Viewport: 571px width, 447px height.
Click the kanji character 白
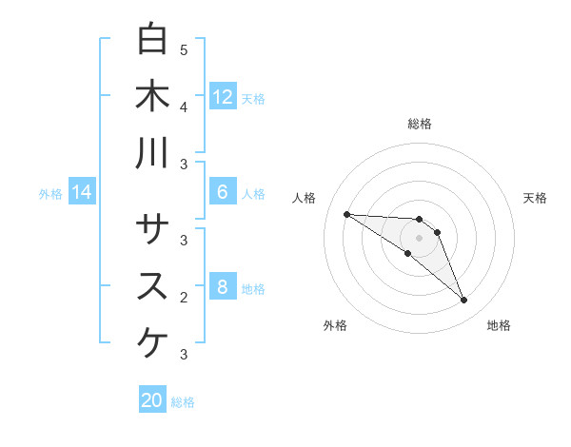point(153,39)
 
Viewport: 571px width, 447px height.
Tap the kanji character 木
point(153,95)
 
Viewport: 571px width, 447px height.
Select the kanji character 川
point(153,152)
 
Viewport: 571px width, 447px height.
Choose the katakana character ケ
point(153,342)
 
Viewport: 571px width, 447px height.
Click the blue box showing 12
point(223,97)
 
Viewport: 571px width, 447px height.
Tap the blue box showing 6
point(223,192)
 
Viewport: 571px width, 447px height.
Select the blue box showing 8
point(223,287)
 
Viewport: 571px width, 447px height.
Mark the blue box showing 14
point(82,193)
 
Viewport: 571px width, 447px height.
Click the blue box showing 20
point(152,400)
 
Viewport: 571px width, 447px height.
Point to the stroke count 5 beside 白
point(184,49)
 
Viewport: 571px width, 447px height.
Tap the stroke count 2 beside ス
point(184,298)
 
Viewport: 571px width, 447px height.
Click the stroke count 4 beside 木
point(184,107)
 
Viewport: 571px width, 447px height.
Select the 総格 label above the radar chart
point(420,124)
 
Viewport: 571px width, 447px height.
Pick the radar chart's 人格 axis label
point(305,197)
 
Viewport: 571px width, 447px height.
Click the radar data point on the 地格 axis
point(464,301)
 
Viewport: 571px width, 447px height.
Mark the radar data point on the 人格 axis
point(346,214)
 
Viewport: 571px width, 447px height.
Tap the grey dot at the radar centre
point(420,237)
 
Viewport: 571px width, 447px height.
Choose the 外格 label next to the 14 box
point(50,194)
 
